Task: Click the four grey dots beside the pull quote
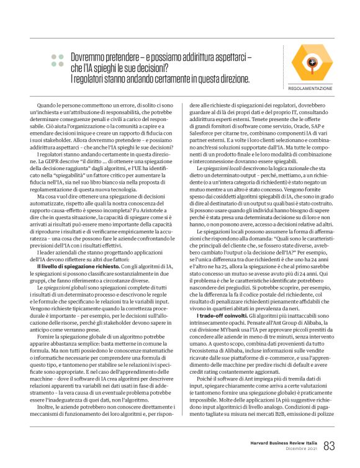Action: [x=57, y=60]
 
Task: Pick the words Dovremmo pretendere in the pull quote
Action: [x=101, y=56]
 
